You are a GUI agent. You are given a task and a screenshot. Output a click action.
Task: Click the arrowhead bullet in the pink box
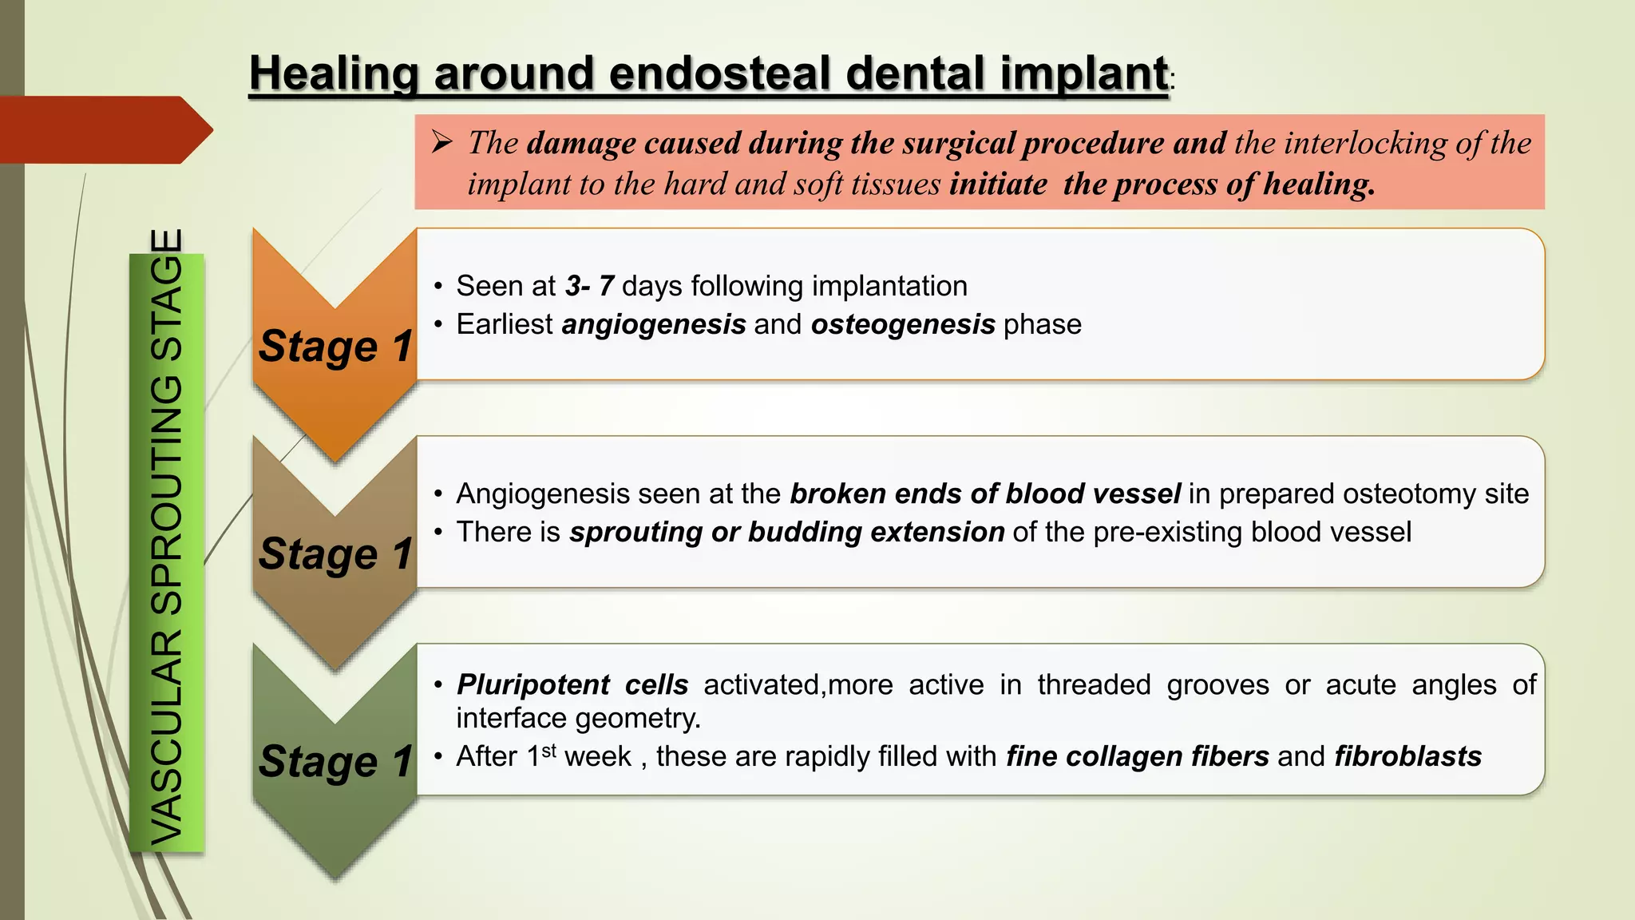(442, 143)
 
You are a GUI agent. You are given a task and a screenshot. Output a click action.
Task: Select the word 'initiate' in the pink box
(998, 184)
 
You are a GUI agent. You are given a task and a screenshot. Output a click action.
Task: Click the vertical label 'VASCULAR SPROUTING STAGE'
(168, 537)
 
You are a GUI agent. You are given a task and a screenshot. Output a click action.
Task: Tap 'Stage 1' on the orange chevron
(335, 346)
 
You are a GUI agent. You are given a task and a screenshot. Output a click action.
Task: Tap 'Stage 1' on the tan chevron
(335, 553)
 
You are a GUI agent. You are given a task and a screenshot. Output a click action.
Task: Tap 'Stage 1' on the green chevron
(335, 761)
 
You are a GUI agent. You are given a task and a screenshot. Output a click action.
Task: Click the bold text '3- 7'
(589, 286)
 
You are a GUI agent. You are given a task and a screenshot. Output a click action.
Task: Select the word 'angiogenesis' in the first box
(654, 324)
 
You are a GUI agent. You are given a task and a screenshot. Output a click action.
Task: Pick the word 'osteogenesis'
(903, 324)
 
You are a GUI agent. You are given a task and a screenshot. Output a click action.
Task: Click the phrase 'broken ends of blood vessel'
(985, 494)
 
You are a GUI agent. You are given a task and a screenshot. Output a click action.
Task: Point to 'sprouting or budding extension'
(786, 532)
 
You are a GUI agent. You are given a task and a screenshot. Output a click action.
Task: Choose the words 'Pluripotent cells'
(572, 684)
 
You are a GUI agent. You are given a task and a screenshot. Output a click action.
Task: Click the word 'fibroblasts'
(1407, 756)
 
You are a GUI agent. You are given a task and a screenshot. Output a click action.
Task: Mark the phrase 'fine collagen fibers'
(1137, 756)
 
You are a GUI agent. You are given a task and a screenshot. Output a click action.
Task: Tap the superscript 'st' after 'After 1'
(549, 751)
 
